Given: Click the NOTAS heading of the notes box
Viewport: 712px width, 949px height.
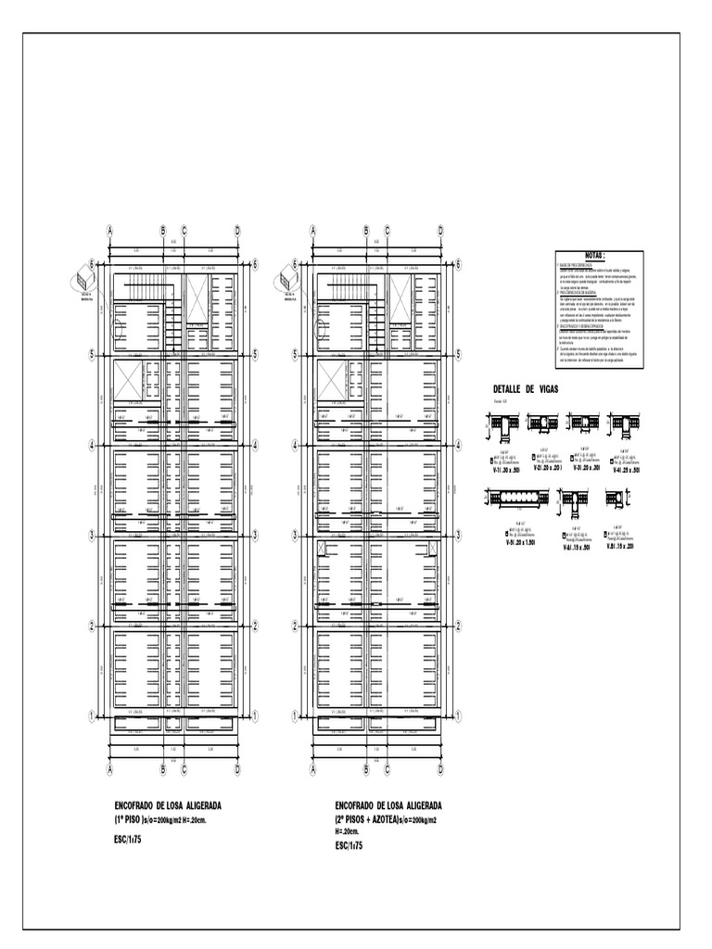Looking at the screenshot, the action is [593, 255].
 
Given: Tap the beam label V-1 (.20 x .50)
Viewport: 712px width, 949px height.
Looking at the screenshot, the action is [504, 470].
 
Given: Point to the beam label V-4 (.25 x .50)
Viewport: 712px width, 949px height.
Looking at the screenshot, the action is [623, 470].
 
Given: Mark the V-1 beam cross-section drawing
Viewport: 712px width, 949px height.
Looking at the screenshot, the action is [503, 425].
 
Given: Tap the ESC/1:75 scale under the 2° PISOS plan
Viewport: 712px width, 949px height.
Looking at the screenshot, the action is [350, 846].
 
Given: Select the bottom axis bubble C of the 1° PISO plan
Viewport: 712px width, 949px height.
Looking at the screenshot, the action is [184, 768].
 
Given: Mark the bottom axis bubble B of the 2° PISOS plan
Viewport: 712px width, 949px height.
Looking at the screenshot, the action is [366, 768].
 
